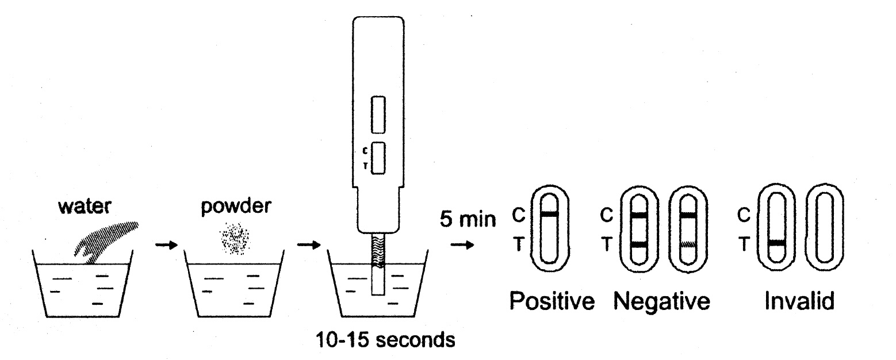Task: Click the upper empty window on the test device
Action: coord(378,114)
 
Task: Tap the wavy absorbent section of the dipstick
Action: coord(377,252)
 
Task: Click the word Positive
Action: coord(552,300)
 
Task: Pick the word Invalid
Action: coord(799,300)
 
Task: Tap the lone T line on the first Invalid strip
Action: coord(777,243)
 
